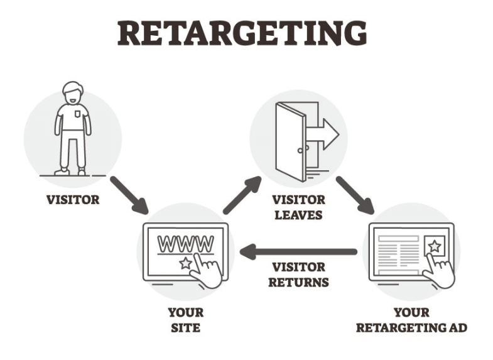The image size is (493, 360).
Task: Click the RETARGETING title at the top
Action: (x=242, y=33)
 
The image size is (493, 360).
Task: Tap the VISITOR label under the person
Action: (x=72, y=201)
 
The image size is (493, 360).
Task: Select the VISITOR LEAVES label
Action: (x=298, y=207)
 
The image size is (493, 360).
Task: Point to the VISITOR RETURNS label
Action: (x=298, y=275)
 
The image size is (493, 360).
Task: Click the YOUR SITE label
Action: (x=185, y=319)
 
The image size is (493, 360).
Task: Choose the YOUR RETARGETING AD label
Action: (x=411, y=319)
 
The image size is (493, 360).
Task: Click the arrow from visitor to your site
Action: (x=129, y=194)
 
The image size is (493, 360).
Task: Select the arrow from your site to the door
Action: (x=242, y=195)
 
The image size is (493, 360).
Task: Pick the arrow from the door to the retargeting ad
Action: (x=354, y=195)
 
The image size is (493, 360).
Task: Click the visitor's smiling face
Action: (x=73, y=95)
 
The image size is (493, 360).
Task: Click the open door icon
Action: (x=291, y=141)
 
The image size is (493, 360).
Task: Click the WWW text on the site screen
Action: (x=186, y=242)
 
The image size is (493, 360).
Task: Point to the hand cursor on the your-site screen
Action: (x=208, y=270)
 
